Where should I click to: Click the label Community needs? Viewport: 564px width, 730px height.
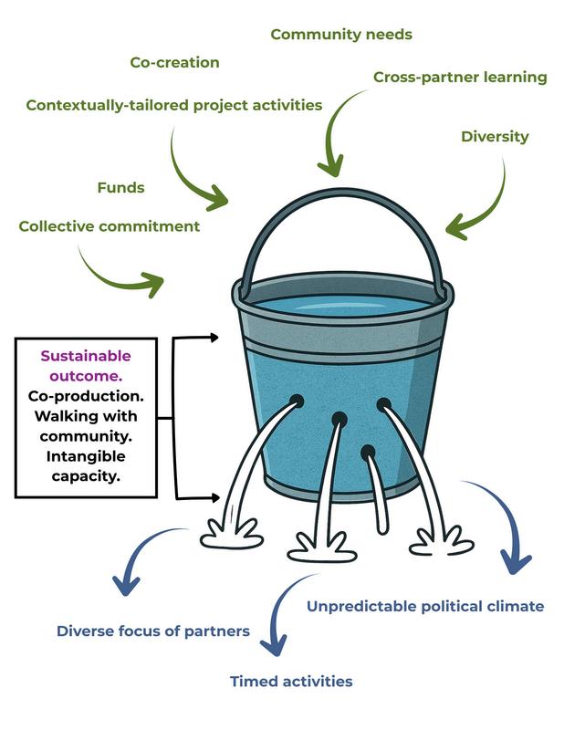(341, 35)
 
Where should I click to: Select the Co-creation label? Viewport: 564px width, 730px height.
(173, 63)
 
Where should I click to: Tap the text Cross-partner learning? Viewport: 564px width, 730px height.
(460, 77)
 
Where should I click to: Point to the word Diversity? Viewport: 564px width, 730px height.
(494, 137)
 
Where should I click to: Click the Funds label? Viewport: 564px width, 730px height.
(120, 188)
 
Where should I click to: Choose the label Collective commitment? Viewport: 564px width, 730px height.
(109, 226)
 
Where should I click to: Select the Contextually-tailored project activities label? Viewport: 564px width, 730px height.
(173, 105)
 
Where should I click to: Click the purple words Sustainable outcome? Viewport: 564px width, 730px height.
(86, 365)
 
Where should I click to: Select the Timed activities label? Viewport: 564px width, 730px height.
(290, 682)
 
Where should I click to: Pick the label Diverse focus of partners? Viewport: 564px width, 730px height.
(152, 631)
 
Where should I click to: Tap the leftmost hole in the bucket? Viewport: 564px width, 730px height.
(297, 401)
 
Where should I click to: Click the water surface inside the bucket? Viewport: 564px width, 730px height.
(342, 307)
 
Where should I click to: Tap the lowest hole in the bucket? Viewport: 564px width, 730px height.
(368, 451)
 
